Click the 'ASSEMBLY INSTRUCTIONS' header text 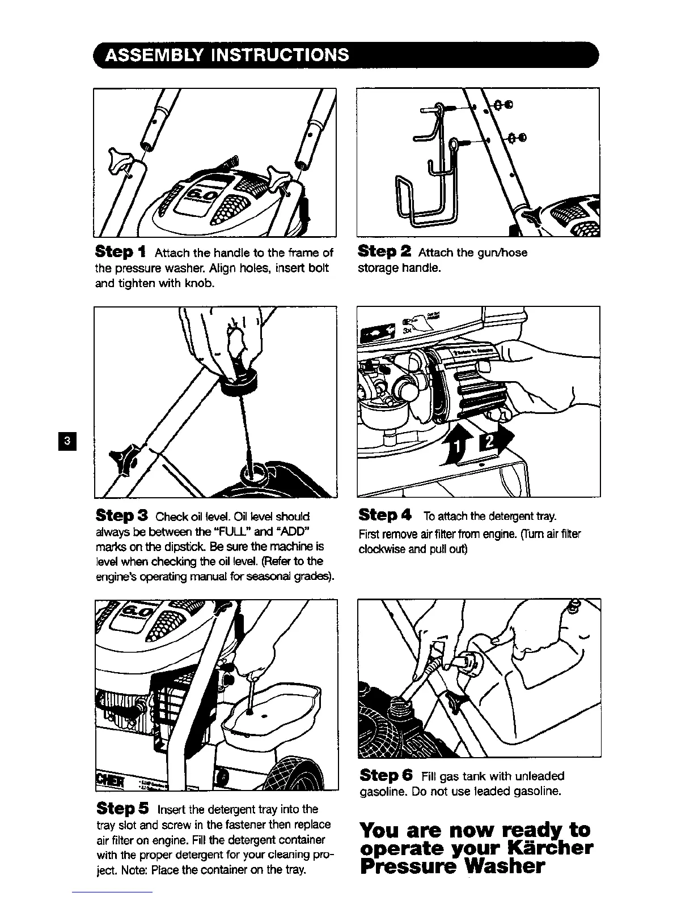(x=227, y=55)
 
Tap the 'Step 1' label (x=120, y=251)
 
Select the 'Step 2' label (x=384, y=251)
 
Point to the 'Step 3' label (x=121, y=515)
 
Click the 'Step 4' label (x=384, y=515)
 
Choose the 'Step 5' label (x=122, y=808)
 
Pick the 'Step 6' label (x=386, y=775)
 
